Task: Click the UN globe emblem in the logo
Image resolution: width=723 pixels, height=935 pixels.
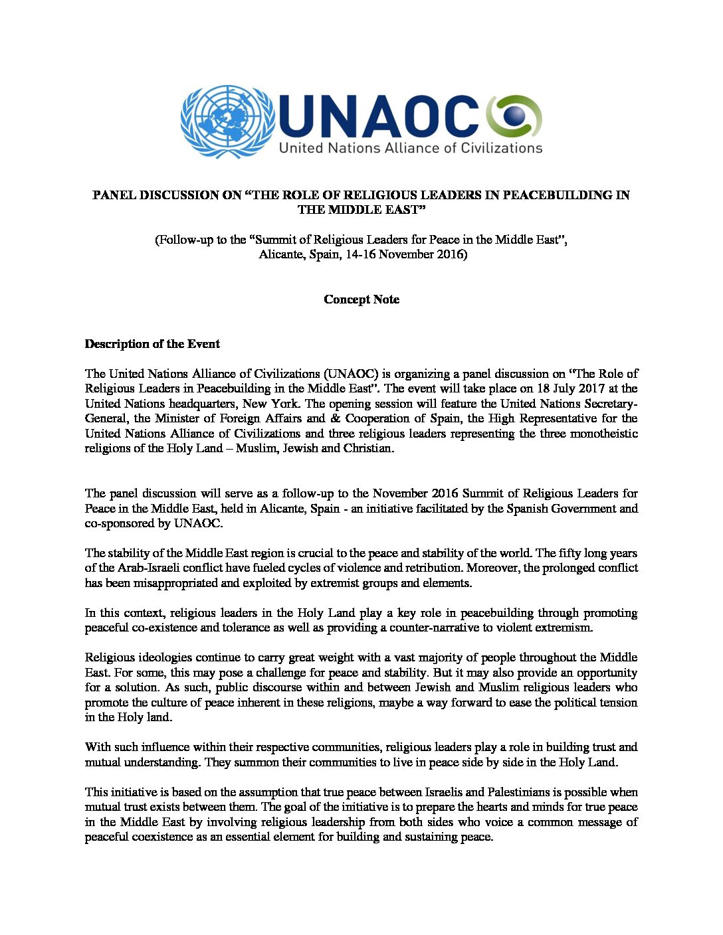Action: point(227,122)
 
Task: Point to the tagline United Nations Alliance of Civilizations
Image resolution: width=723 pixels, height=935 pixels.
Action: point(410,147)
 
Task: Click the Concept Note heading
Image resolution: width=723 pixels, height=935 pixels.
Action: point(361,299)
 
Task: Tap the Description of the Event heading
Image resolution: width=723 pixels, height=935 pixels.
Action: point(152,344)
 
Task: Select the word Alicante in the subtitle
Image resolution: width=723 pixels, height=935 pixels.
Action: point(281,255)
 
